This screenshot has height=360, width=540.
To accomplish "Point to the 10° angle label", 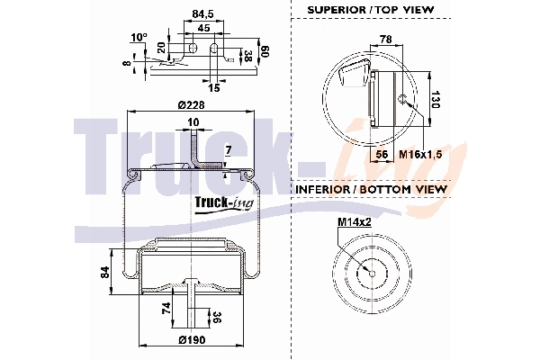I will (139, 38).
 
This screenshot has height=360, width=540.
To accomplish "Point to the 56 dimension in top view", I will (382, 154).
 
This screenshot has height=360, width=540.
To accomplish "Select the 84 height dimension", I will (104, 271).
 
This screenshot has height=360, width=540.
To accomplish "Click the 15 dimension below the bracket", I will (214, 86).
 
